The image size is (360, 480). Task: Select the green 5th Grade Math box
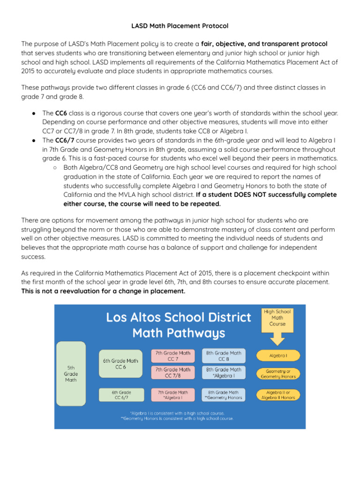click(x=71, y=374)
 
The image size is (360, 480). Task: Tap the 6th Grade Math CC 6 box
click(x=120, y=364)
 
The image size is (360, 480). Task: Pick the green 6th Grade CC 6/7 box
click(x=121, y=395)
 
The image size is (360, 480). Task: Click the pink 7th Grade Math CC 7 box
click(x=172, y=356)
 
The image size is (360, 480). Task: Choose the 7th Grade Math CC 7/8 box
click(x=172, y=372)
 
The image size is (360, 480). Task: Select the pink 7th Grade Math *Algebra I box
click(x=172, y=395)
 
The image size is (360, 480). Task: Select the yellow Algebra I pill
click(x=278, y=356)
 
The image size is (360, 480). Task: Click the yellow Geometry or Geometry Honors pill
click(x=278, y=374)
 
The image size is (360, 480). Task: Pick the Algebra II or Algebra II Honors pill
click(x=278, y=395)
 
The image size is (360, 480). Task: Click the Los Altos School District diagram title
click(x=179, y=325)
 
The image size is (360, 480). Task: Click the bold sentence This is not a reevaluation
click(x=103, y=291)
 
